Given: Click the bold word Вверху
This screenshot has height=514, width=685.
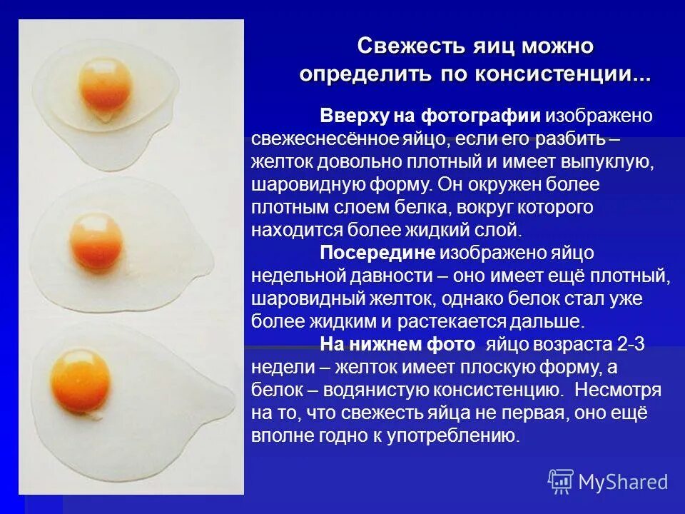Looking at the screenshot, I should point(351,116).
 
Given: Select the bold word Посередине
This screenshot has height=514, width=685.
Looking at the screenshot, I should point(377,253).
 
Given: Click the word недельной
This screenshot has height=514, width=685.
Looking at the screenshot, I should point(294,276).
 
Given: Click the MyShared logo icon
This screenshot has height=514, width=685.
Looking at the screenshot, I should point(561,481).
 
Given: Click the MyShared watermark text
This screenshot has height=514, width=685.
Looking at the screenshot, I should point(623,482).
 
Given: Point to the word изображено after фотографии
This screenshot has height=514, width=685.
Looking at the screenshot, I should point(599,116).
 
